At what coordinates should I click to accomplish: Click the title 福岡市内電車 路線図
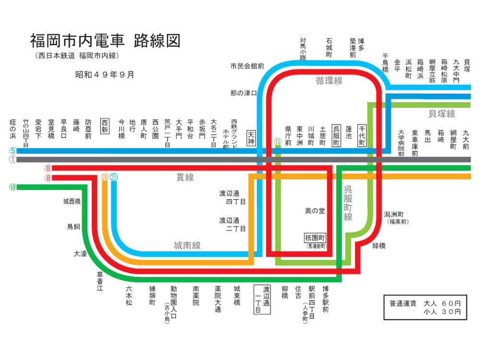(x=105, y=41)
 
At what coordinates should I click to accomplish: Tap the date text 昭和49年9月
(x=105, y=75)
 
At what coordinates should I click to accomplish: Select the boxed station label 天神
(x=251, y=138)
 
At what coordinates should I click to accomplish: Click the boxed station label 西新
(x=105, y=126)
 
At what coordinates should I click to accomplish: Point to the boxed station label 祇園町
(x=315, y=238)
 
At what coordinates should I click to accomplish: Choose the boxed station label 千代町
(x=362, y=136)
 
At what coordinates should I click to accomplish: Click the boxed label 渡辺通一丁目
(x=263, y=300)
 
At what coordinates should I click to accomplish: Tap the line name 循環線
(x=329, y=81)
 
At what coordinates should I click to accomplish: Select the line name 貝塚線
(x=442, y=114)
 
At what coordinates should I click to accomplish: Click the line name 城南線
(x=187, y=246)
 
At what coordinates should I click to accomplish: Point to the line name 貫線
(x=185, y=178)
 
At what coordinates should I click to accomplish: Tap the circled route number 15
(x=277, y=142)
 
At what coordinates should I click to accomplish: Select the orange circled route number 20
(x=105, y=177)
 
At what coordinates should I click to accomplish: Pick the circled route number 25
(x=114, y=177)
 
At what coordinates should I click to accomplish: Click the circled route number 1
(x=13, y=159)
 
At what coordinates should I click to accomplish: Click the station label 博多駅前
(x=325, y=300)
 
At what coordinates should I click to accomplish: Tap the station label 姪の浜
(x=13, y=129)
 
